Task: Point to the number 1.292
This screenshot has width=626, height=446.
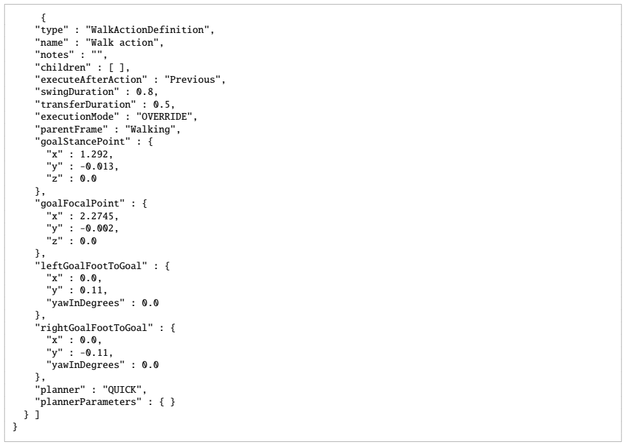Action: [x=94, y=155]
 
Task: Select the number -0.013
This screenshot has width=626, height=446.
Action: [x=97, y=167]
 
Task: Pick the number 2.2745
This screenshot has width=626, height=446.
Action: [x=97, y=216]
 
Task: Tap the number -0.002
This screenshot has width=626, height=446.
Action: [x=97, y=229]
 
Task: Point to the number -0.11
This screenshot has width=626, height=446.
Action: [x=94, y=352]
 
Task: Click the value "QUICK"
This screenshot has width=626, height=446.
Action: [x=122, y=389]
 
